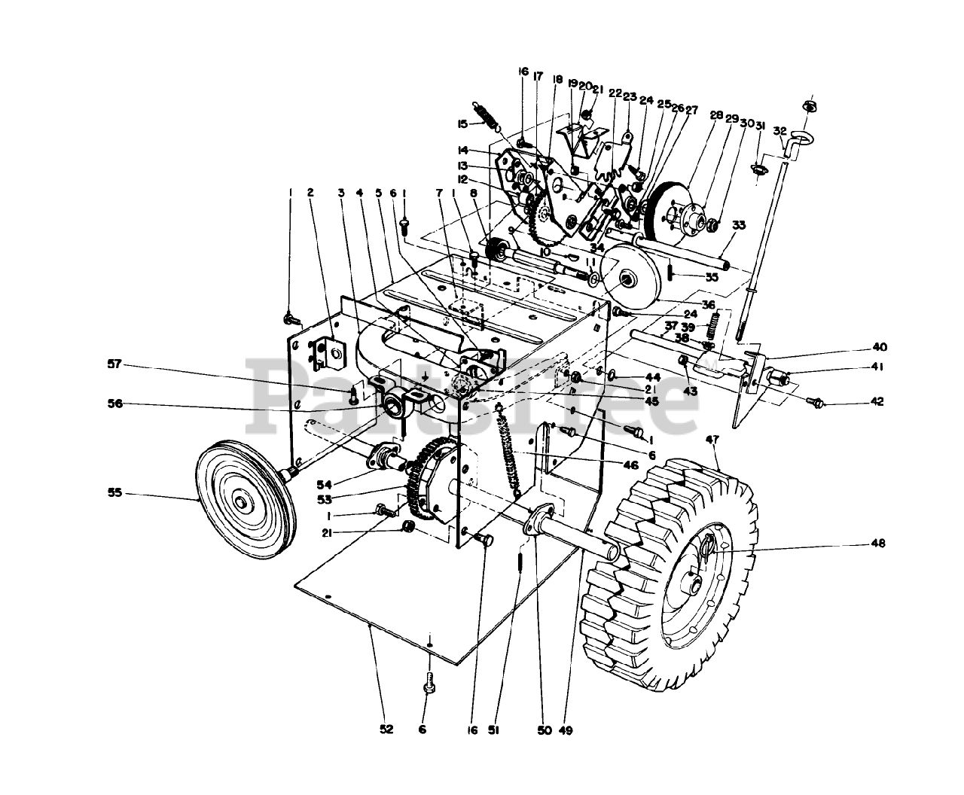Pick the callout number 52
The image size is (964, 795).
386,730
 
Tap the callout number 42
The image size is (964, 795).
876,401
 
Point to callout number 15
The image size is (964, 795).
462,124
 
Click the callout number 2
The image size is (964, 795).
310,192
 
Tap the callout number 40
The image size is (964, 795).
880,347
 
